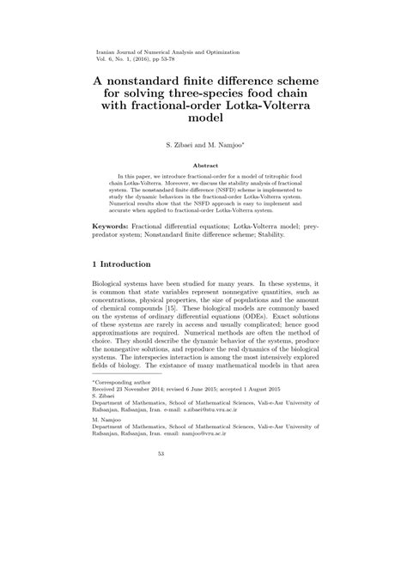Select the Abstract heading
203,165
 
